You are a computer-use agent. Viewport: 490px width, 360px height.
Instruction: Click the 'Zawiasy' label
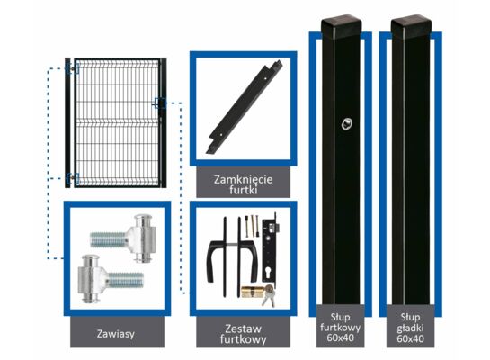pos(116,333)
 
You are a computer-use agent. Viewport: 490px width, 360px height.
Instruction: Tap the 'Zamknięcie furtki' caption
pos(243,184)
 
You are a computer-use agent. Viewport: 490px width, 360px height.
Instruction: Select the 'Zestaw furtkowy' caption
pos(243,334)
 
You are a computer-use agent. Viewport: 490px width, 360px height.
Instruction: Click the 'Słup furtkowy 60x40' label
pos(341,328)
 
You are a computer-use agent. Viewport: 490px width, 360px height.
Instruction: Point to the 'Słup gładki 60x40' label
pos(410,328)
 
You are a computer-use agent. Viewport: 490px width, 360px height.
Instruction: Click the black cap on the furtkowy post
pos(342,26)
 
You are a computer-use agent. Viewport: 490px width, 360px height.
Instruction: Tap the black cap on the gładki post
pos(411,26)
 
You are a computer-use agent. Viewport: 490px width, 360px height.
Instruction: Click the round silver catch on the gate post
pos(346,123)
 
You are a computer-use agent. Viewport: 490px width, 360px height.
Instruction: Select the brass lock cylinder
pos(252,292)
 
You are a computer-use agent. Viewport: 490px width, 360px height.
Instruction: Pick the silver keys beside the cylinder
pos(269,295)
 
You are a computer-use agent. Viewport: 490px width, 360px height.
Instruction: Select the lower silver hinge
pos(111,279)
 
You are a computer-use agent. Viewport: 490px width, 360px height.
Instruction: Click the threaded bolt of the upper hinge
pos(109,239)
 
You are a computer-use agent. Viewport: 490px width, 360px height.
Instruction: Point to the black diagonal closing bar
pos(245,107)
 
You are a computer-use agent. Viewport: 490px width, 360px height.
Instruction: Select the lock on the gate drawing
pos(160,103)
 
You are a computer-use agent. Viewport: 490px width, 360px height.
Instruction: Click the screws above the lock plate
pos(252,226)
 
